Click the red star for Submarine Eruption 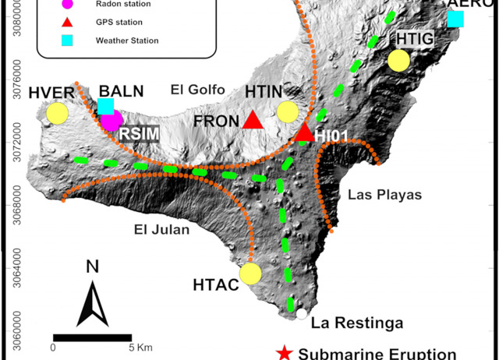[x=285, y=353]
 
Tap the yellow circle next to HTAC [x=250, y=274]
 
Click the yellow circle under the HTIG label [x=399, y=60]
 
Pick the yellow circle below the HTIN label [x=288, y=111]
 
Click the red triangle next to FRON [x=253, y=119]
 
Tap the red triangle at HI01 [x=304, y=133]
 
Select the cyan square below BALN [x=106, y=107]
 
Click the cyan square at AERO [x=455, y=19]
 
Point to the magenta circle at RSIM [x=112, y=120]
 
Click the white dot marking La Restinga [x=301, y=314]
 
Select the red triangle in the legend [x=67, y=23]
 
